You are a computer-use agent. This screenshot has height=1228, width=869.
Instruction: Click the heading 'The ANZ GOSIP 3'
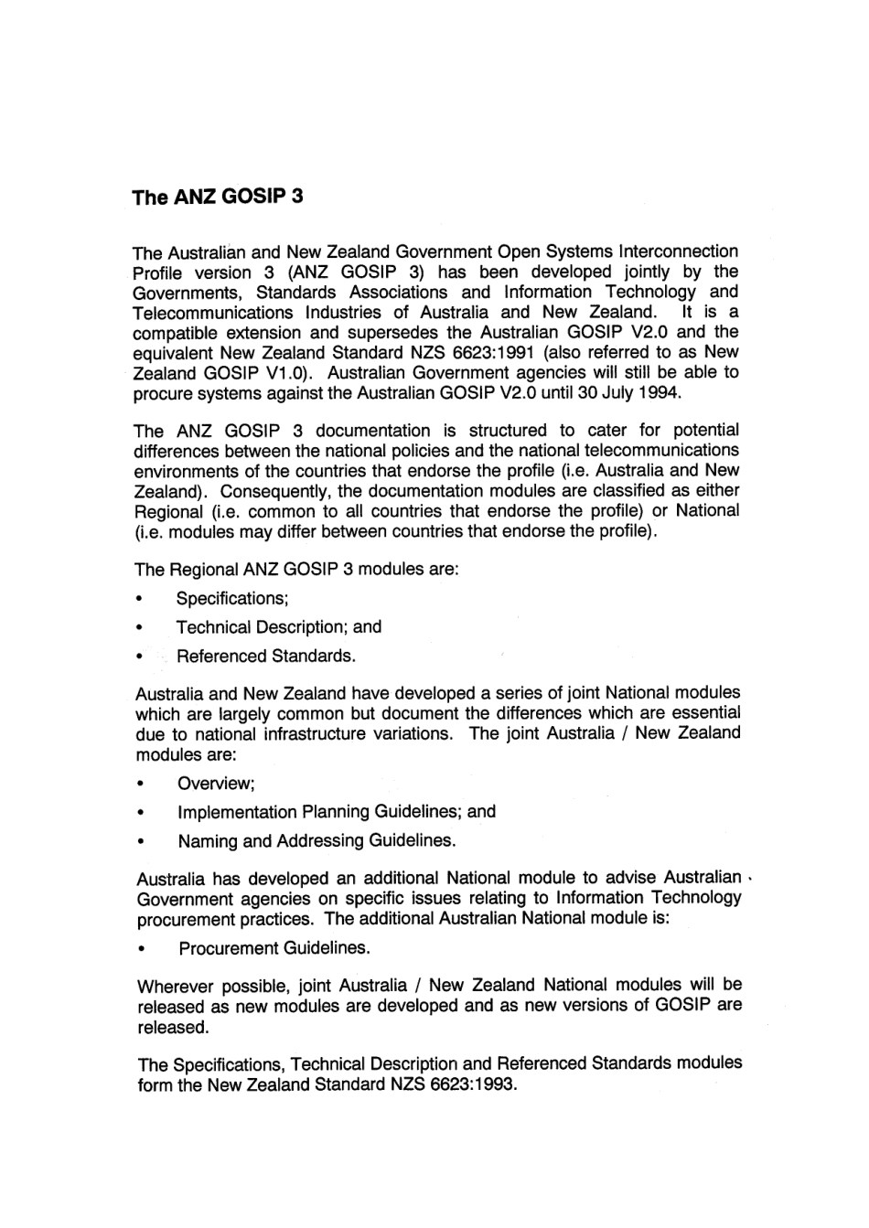[x=217, y=198]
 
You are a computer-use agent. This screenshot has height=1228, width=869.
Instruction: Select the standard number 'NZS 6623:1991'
[x=477, y=353]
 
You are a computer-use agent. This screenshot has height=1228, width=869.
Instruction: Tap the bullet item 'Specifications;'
[x=232, y=599]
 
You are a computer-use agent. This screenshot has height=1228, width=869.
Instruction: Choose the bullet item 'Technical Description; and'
[x=278, y=627]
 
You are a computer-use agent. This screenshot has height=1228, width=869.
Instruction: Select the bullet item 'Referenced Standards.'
[x=266, y=657]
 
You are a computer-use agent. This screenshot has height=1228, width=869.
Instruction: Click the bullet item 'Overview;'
[x=216, y=784]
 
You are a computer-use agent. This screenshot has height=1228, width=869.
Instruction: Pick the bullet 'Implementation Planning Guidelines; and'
[x=337, y=812]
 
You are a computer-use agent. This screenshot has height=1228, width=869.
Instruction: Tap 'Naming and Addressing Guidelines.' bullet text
[x=316, y=840]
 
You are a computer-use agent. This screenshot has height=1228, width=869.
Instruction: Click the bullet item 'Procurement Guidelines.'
[x=274, y=948]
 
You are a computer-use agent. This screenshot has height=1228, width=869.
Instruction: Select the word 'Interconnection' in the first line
[x=679, y=251]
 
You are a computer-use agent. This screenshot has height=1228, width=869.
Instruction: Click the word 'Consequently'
[x=264, y=491]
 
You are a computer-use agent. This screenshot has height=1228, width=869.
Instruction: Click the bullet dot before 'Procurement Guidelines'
[x=142, y=949]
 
